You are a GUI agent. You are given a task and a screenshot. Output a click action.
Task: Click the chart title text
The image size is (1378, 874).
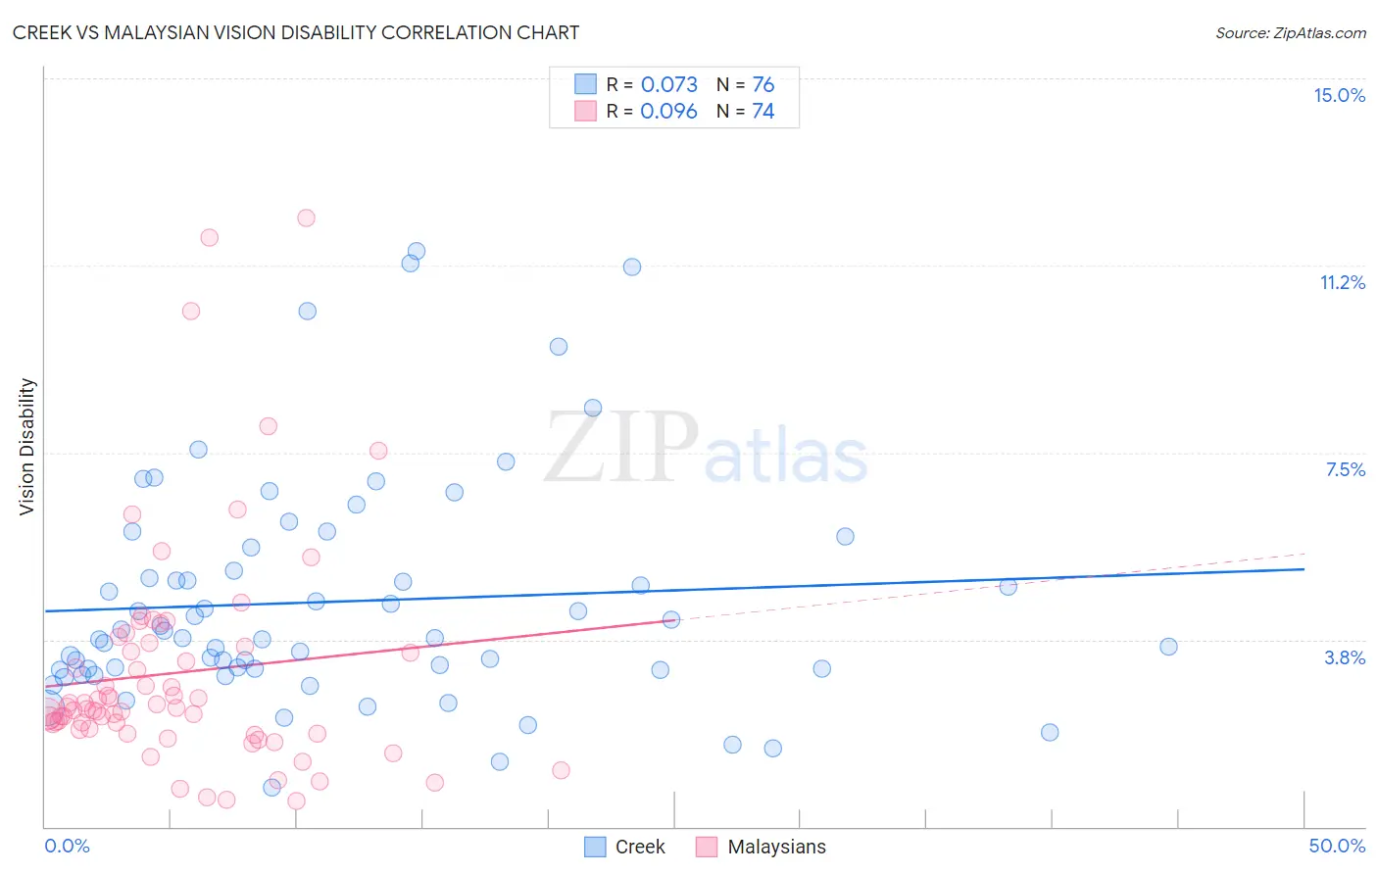pyautogui.click(x=295, y=32)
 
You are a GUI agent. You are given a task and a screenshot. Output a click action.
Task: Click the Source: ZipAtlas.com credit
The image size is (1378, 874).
pyautogui.click(x=1290, y=32)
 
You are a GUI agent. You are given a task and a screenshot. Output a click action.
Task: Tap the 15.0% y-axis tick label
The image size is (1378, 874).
pyautogui.click(x=1339, y=95)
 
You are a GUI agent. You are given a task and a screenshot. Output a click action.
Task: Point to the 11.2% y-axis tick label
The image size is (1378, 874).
pyautogui.click(x=1342, y=282)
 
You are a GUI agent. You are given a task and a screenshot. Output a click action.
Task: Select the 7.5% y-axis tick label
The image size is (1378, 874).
pyautogui.click(x=1345, y=469)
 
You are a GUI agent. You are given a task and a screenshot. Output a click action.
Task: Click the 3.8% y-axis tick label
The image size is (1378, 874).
pyautogui.click(x=1345, y=657)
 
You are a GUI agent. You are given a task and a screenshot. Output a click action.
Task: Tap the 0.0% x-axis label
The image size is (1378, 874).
pyautogui.click(x=67, y=846)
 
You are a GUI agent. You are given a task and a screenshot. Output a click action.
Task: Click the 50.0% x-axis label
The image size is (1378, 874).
pyautogui.click(x=1337, y=846)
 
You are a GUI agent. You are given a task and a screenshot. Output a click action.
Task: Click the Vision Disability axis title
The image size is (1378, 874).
pyautogui.click(x=27, y=446)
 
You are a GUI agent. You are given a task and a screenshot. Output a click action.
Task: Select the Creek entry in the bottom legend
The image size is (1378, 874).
pyautogui.click(x=639, y=847)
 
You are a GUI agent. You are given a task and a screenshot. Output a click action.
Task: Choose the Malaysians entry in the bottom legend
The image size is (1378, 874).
pyautogui.click(x=776, y=847)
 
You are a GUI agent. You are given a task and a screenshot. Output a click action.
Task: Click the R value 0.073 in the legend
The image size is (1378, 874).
pyautogui.click(x=668, y=84)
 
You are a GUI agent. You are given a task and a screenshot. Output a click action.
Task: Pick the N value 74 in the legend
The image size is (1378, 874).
pyautogui.click(x=763, y=111)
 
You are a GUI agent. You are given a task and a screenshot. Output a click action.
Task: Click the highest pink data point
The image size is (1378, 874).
pyautogui.click(x=306, y=218)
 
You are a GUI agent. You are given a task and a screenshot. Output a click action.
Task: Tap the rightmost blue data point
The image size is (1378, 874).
pyautogui.click(x=1168, y=647)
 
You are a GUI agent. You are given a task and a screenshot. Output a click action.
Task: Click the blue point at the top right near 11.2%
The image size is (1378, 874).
pyautogui.click(x=632, y=267)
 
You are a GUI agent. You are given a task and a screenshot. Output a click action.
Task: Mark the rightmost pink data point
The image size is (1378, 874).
pyautogui.click(x=561, y=770)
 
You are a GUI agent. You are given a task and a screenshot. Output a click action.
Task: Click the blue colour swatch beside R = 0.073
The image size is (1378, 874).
pyautogui.click(x=585, y=84)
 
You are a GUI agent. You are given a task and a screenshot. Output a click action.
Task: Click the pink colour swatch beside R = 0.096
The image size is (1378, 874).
pyautogui.click(x=585, y=111)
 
